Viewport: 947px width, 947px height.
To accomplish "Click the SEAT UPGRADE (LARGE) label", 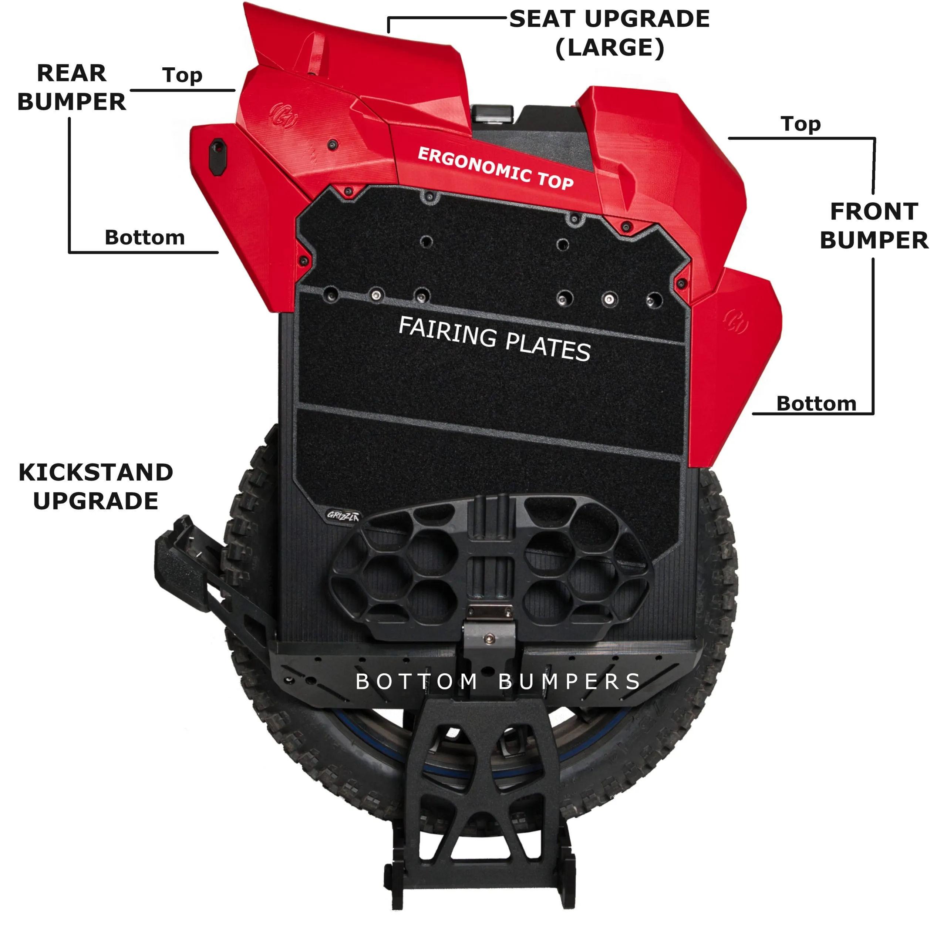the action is [x=609, y=33].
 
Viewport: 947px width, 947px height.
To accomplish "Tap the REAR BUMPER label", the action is [x=71, y=88].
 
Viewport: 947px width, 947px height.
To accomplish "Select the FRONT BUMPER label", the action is [x=874, y=226].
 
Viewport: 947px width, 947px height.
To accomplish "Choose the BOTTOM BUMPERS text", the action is [x=498, y=682].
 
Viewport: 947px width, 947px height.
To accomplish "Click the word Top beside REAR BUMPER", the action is [x=182, y=75].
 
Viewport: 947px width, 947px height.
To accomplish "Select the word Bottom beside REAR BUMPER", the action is [x=145, y=238].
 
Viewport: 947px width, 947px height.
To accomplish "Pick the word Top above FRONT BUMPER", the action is [x=801, y=124].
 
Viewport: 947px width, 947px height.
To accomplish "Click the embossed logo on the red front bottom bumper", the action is [x=735, y=321].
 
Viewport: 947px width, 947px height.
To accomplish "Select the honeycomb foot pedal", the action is [x=490, y=569].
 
